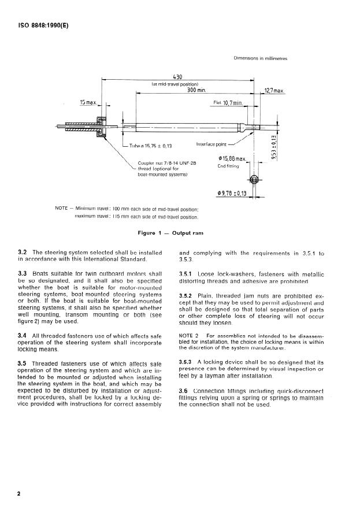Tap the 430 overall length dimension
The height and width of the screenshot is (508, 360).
[x=178, y=76]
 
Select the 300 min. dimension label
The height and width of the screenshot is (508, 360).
[x=196, y=90]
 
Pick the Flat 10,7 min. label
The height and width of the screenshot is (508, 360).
[x=227, y=103]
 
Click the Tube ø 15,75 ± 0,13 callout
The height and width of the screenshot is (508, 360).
[x=151, y=146]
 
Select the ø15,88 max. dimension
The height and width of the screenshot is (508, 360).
[x=232, y=158]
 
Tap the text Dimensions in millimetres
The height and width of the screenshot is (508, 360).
[x=260, y=58]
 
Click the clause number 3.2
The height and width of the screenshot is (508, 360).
[x=24, y=253]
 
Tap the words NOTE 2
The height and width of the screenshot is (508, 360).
[x=188, y=335]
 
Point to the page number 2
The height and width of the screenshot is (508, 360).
[x=19, y=494]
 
